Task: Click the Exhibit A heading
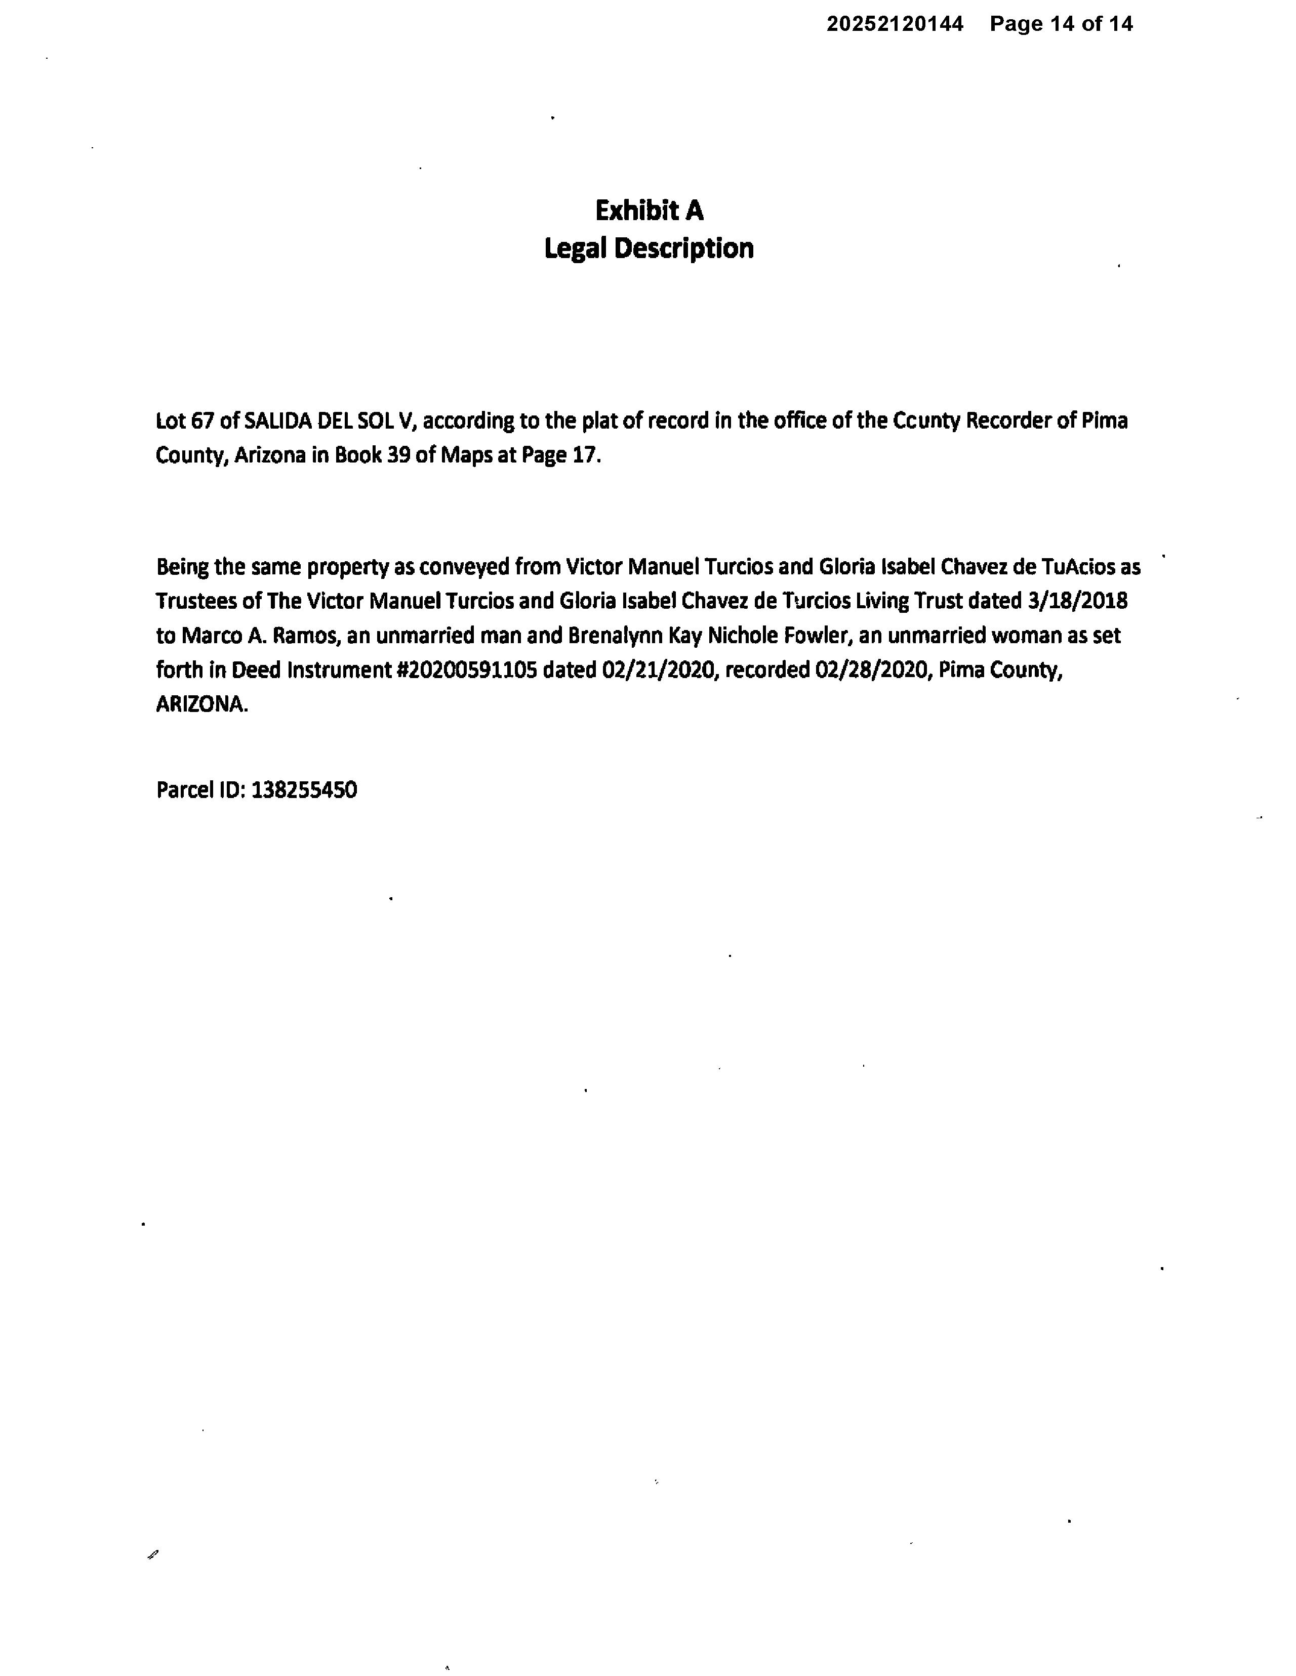click(x=649, y=211)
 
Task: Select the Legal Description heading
click(x=649, y=248)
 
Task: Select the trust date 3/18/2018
click(x=1077, y=600)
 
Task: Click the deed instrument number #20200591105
click(x=465, y=670)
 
